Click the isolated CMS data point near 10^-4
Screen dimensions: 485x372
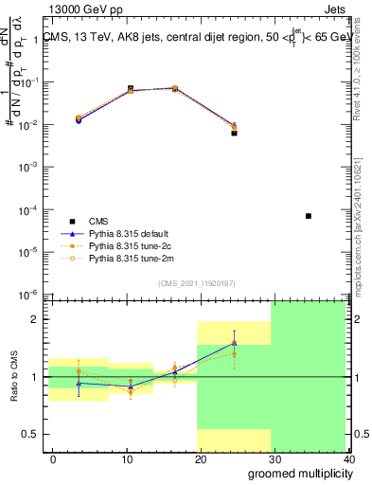pyautogui.click(x=309, y=216)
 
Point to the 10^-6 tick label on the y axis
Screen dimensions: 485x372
pyautogui.click(x=27, y=294)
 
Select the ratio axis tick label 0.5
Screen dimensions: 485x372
pyautogui.click(x=28, y=434)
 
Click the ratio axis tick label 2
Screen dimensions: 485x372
pyautogui.click(x=33, y=319)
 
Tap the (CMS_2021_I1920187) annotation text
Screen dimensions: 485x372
pyautogui.click(x=197, y=282)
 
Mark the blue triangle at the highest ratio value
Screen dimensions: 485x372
pyautogui.click(x=234, y=343)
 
